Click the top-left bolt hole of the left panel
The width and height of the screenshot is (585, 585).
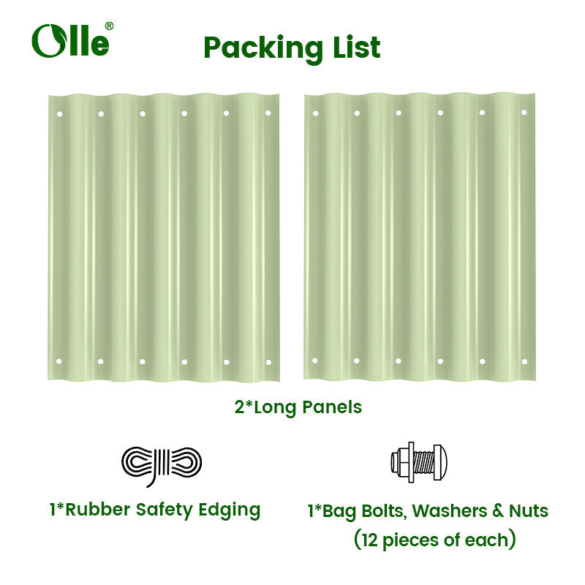[59, 113]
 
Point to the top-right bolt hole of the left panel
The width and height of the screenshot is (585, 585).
[268, 113]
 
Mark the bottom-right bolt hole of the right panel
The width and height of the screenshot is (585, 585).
[524, 361]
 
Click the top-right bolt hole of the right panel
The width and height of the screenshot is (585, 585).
[524, 113]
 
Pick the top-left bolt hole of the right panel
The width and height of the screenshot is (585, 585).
[315, 113]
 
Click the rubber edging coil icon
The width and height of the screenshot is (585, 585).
[161, 464]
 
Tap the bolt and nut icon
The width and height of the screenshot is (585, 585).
[418, 461]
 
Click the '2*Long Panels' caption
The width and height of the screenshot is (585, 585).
[298, 407]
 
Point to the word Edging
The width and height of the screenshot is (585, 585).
[229, 510]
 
